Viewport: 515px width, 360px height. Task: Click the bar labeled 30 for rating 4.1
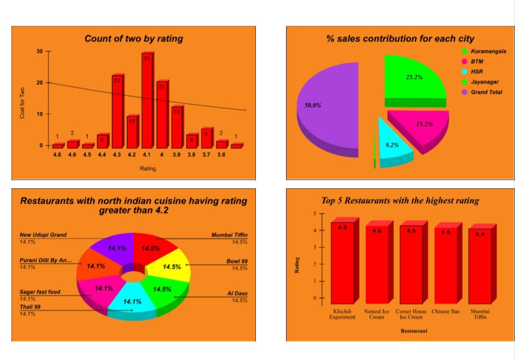coord(146,101)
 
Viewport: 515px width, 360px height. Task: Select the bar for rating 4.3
coord(117,112)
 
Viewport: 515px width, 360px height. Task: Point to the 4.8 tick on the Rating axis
coord(57,155)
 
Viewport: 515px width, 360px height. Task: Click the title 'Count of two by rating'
coord(134,39)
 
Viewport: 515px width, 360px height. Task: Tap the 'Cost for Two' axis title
coord(22,103)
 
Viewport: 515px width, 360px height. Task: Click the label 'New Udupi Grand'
coord(43,235)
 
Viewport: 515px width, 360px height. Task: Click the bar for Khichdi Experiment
coord(342,263)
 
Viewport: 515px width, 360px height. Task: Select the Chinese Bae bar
coord(445,265)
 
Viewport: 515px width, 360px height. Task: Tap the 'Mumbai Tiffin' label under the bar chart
coord(480,314)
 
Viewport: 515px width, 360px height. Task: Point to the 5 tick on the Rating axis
coord(314,214)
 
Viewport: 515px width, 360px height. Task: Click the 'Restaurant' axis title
coord(414,330)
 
